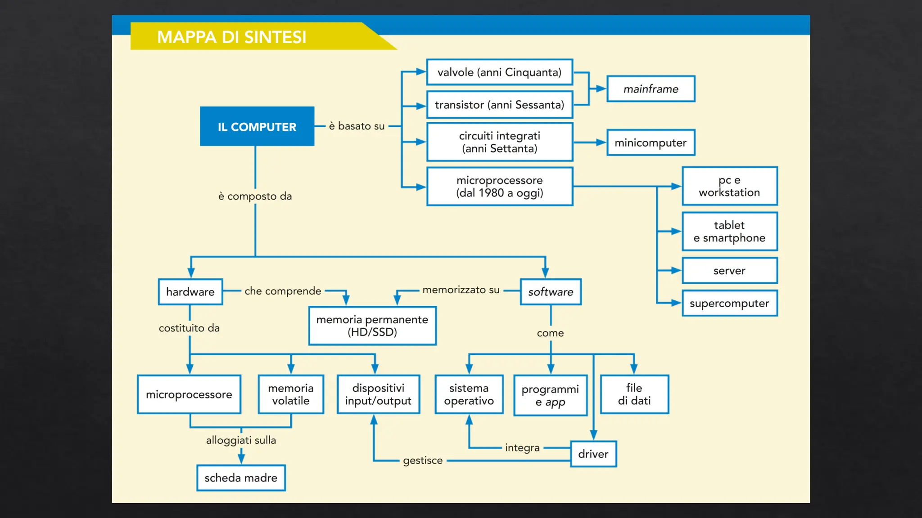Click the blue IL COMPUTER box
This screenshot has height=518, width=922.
257,126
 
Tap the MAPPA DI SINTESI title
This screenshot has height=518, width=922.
231,37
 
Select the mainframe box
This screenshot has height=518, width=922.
651,89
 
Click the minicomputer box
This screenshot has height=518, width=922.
651,143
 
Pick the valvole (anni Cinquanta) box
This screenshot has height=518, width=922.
499,72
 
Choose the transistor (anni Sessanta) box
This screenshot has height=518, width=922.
499,105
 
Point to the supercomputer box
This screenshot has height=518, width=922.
729,304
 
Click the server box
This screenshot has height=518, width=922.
729,271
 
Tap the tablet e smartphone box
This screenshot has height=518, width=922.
729,232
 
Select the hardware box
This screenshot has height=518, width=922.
190,292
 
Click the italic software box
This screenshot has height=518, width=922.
551,292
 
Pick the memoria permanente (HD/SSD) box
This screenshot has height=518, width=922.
372,326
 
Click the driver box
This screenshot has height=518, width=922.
593,454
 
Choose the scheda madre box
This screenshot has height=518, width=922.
241,478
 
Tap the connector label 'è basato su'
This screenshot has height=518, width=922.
357,126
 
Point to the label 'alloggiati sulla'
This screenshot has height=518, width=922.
241,440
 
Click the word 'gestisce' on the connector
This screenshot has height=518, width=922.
423,460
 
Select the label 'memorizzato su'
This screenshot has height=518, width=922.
461,290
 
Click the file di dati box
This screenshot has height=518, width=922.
634,394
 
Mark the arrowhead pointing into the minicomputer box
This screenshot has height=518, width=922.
601,143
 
